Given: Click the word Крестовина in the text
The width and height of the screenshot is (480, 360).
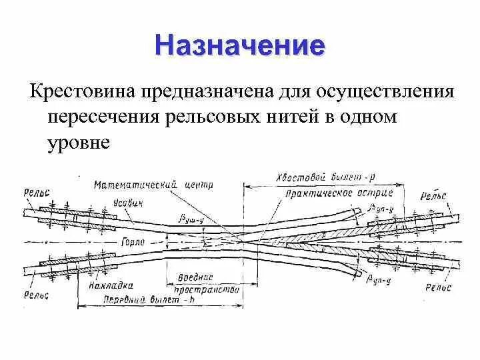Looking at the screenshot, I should pyautogui.click(x=83, y=91).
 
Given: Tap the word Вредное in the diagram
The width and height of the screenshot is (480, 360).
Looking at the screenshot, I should pyautogui.click(x=196, y=276).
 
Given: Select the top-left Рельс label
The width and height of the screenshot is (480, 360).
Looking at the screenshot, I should pyautogui.click(x=37, y=192).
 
